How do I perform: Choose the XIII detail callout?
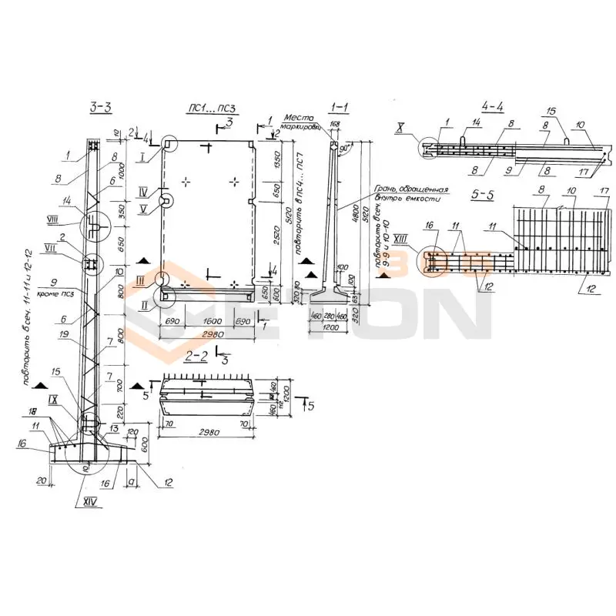[402, 238]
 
